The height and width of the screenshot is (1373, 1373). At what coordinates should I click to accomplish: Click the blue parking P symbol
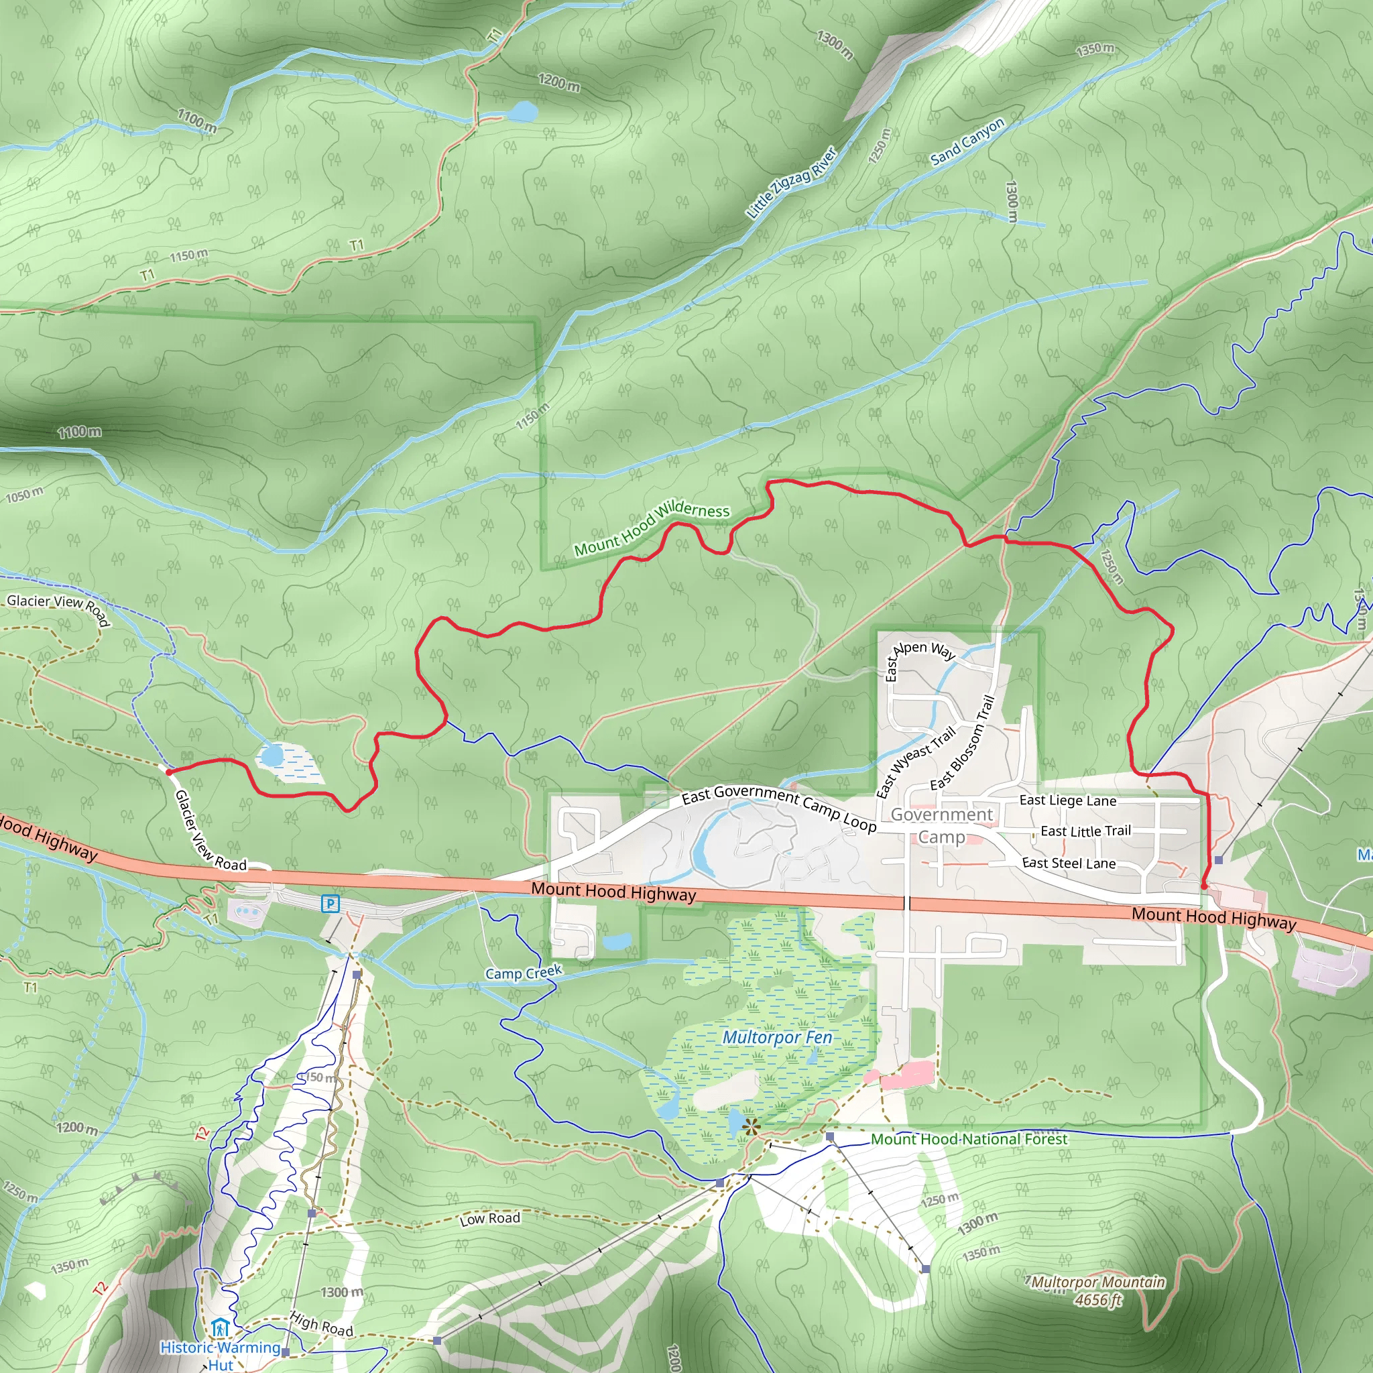pos(330,904)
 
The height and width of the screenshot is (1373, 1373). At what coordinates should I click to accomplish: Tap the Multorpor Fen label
pos(777,1038)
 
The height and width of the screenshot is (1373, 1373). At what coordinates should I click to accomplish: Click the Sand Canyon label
pos(967,141)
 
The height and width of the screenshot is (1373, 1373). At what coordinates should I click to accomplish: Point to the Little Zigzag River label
pos(791,183)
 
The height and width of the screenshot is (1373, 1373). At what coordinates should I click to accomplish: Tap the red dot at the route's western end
pos(168,771)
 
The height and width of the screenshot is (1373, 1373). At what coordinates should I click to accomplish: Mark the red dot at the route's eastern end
pos(1203,886)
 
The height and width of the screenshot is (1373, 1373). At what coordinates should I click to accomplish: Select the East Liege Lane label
pos(1067,800)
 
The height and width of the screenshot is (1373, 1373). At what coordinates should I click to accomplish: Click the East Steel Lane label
pos(1068,863)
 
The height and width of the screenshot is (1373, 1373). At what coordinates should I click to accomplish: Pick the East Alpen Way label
pos(920,655)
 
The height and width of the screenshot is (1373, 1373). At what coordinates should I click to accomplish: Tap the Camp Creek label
pos(523,973)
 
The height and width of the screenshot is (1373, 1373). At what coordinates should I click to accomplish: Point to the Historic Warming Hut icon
pos(221,1327)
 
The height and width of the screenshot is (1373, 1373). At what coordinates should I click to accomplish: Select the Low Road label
pos(489,1219)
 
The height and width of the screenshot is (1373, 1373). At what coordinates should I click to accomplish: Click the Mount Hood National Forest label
pos(969,1139)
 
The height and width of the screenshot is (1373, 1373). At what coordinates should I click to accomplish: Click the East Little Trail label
pos(1085,831)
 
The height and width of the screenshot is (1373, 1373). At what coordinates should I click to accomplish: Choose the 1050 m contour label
pos(24,495)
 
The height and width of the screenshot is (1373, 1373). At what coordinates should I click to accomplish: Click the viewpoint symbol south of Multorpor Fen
pos(750,1126)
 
